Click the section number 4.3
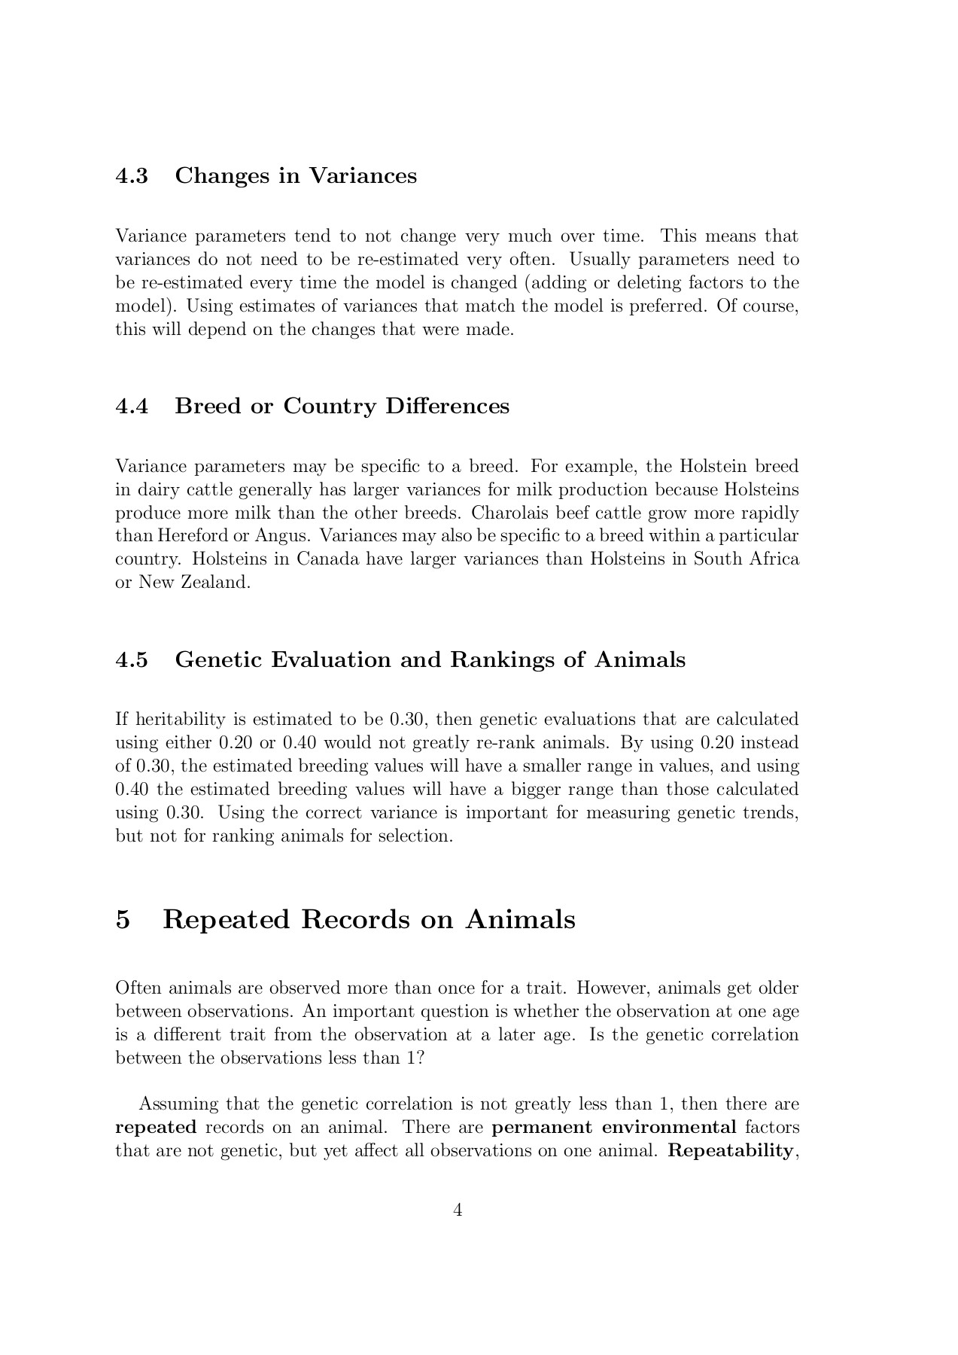[132, 176]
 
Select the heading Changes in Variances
[295, 176]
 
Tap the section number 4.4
[132, 406]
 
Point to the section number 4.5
[132, 660]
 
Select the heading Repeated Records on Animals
[369, 920]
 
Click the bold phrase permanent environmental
[613, 1128]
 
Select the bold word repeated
[156, 1128]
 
